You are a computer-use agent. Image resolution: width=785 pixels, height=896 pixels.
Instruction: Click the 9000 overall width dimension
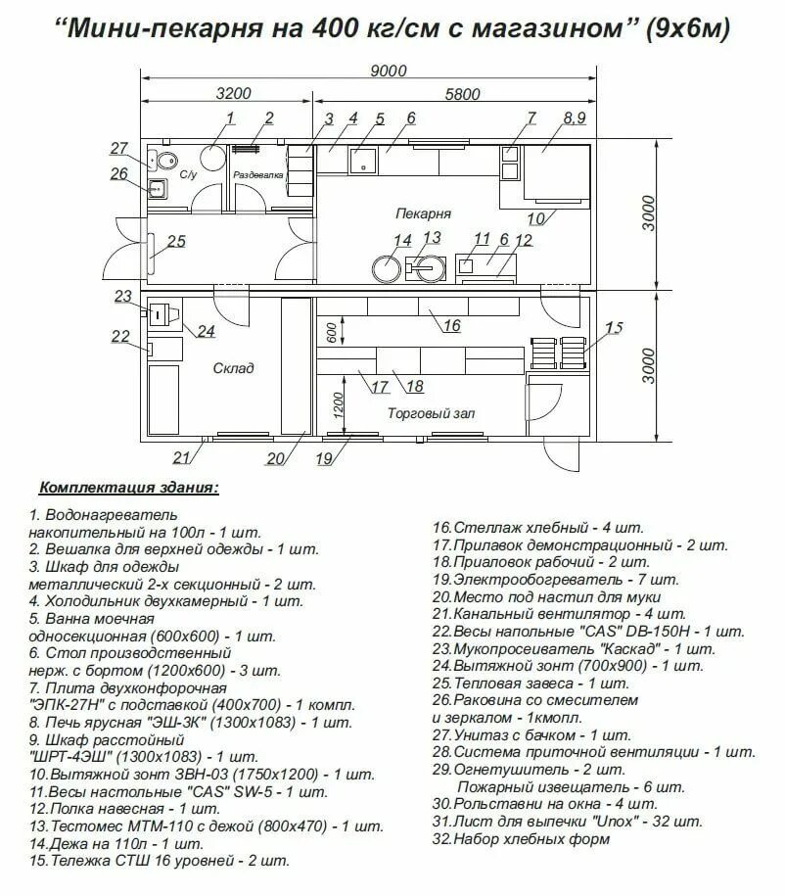point(388,70)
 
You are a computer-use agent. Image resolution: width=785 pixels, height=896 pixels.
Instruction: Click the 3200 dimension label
point(232,94)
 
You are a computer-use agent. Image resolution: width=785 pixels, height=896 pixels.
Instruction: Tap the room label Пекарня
point(423,212)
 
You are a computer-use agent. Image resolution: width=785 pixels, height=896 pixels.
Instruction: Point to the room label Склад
point(233,368)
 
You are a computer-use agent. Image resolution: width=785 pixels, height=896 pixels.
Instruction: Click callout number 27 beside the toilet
point(119,149)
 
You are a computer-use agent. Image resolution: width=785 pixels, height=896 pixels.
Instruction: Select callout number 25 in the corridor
point(176,242)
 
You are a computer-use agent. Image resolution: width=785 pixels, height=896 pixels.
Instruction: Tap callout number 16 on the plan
point(451,326)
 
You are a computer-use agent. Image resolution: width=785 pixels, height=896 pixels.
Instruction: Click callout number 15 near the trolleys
point(613,328)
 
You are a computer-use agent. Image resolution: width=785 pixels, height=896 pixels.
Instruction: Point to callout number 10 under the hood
point(535,217)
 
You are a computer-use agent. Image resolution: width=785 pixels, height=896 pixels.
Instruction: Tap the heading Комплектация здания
point(128,487)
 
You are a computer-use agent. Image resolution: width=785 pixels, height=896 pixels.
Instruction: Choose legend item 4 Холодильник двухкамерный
point(166,600)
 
